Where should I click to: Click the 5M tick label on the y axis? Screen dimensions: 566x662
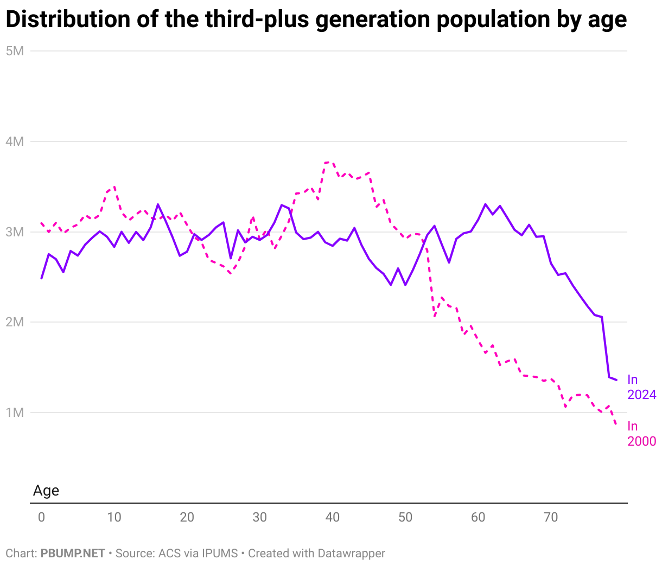15,51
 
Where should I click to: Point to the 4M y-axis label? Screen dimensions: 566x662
15,141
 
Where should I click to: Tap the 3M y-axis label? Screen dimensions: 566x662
15,232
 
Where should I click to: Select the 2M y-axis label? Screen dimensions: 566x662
15,322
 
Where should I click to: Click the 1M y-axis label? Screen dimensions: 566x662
15,413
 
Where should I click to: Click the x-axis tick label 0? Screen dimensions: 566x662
41,517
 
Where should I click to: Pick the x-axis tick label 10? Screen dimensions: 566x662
114,517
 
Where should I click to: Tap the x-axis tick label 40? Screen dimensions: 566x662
332,517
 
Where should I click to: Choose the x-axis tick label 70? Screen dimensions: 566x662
551,517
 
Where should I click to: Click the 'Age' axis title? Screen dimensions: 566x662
46,491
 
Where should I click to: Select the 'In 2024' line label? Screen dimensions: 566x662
641,387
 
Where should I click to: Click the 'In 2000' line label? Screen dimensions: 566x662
641,434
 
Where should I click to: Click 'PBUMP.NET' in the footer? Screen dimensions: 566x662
73,554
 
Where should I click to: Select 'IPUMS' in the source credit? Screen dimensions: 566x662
220,554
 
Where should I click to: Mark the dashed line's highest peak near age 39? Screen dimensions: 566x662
327,162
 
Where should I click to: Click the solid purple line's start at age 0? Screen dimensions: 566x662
42,278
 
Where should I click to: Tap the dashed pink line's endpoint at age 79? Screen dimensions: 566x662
616,424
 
